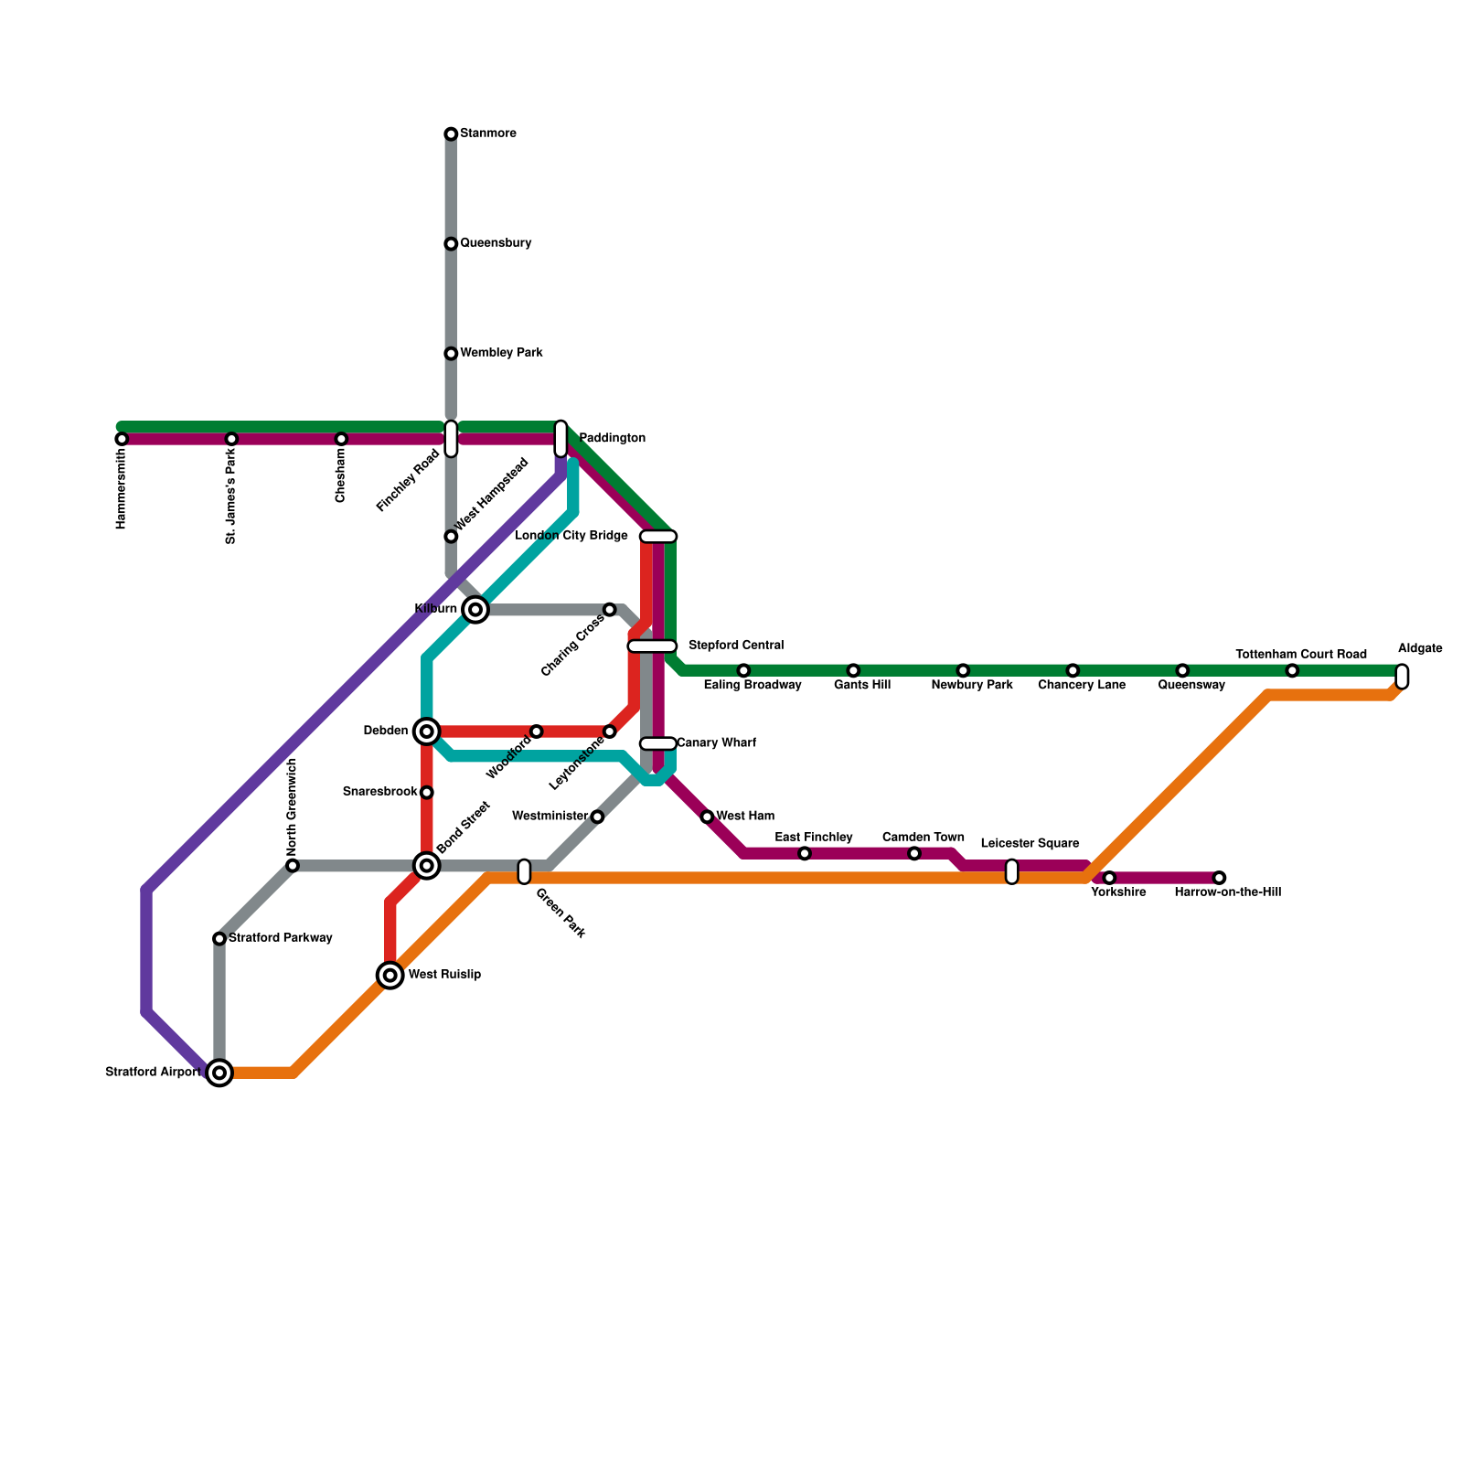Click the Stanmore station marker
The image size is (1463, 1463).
(x=451, y=134)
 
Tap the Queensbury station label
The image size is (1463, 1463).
(x=496, y=243)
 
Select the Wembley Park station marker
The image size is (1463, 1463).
(x=451, y=354)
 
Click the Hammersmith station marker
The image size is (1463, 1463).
(x=122, y=439)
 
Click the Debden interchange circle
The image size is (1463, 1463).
(x=426, y=731)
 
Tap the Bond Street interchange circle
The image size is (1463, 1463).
(x=426, y=865)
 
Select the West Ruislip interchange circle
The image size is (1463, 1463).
(x=390, y=976)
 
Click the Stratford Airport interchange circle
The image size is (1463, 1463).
(x=219, y=1073)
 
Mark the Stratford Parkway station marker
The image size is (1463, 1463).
(x=219, y=939)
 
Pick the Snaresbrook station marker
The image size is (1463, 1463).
(x=426, y=792)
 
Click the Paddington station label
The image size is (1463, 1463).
(x=612, y=439)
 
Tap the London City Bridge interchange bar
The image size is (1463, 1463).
(x=657, y=537)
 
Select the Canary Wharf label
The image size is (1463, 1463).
(x=716, y=743)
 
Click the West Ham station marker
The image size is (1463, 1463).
(x=707, y=817)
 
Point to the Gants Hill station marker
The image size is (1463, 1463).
(x=853, y=671)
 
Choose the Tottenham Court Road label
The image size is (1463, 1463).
(x=1300, y=655)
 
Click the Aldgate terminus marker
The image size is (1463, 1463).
(x=1402, y=677)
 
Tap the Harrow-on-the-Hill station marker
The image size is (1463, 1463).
(x=1219, y=878)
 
